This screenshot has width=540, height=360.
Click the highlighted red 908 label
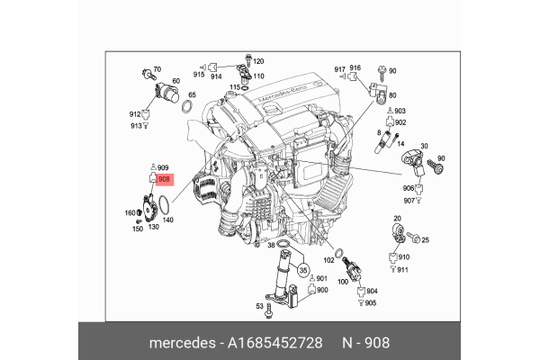164,180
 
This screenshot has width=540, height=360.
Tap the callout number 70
156,69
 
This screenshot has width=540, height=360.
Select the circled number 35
303,269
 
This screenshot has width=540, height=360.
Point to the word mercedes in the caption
180,342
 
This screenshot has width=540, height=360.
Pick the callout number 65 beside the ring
192,94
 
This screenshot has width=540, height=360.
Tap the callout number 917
339,68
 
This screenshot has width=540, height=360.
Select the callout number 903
400,110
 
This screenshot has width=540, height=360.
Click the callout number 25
426,239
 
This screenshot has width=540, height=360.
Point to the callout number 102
329,260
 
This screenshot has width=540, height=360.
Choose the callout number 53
259,307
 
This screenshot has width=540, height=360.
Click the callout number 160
130,213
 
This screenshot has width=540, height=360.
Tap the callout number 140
167,219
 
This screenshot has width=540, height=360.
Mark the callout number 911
403,270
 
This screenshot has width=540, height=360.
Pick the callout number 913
136,126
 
